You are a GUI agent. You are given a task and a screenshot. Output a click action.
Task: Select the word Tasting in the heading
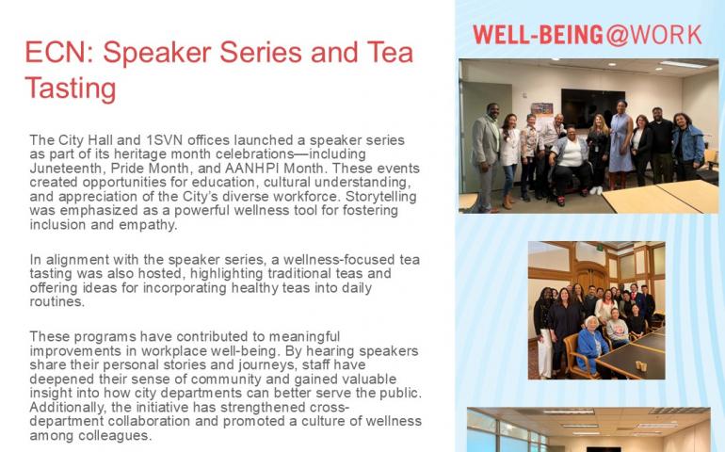point(70,89)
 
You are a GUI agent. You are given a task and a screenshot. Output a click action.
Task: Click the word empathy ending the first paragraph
point(152,225)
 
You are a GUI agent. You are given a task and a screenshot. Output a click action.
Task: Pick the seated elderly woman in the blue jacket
point(591,345)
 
